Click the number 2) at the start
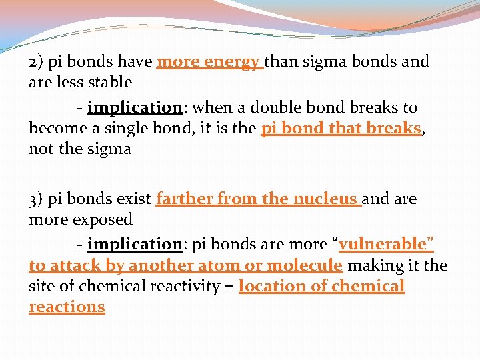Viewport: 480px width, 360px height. tap(37, 63)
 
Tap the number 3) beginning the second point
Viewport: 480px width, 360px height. tap(37, 199)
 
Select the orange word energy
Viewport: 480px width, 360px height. tap(231, 63)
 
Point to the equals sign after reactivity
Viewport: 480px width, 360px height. tap(229, 287)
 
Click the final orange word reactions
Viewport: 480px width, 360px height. tap(67, 307)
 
